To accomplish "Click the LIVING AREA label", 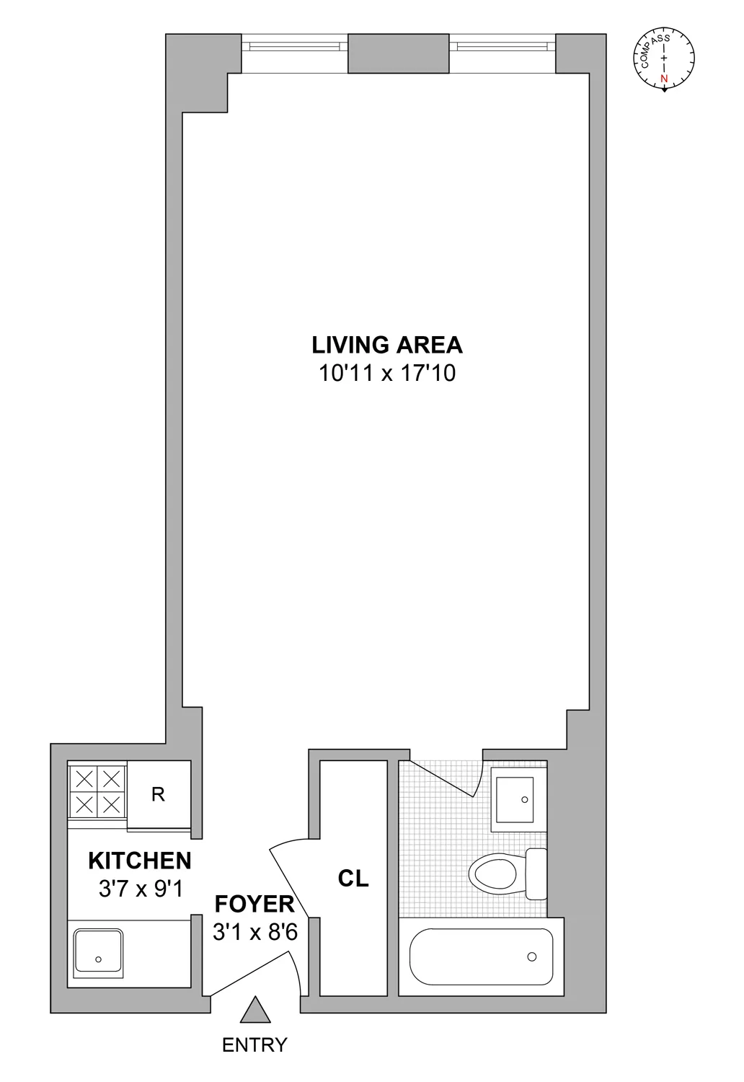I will [386, 345].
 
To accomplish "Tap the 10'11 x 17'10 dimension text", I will [386, 373].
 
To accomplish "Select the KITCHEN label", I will [140, 861].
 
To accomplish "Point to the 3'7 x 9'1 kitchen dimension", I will [141, 889].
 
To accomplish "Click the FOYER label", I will [254, 904].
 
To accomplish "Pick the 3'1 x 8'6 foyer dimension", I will [254, 932].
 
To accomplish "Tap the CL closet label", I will [353, 879].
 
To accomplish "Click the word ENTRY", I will [254, 1044].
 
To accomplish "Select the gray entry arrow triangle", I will [255, 1011].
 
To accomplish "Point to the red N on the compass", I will [664, 78].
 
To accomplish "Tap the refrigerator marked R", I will [159, 794].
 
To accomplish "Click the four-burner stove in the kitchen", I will [97, 791].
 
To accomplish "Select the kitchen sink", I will [98, 951].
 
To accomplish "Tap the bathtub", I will [481, 956].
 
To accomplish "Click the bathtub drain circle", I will [532, 956].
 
